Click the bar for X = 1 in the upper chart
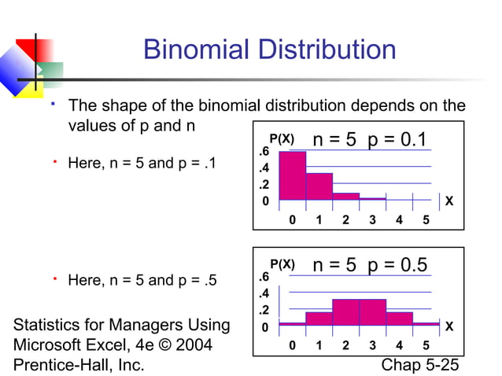point(319,186)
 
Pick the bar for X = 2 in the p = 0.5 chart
point(345,311)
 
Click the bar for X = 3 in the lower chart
point(372,311)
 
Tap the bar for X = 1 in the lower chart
point(319,318)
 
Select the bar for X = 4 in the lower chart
point(399,318)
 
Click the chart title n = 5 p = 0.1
point(369,140)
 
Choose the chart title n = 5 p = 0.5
point(369,265)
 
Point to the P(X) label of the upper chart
point(282,138)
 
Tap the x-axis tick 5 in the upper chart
point(426,220)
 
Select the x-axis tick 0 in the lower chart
point(293,345)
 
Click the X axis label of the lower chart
point(449,326)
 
